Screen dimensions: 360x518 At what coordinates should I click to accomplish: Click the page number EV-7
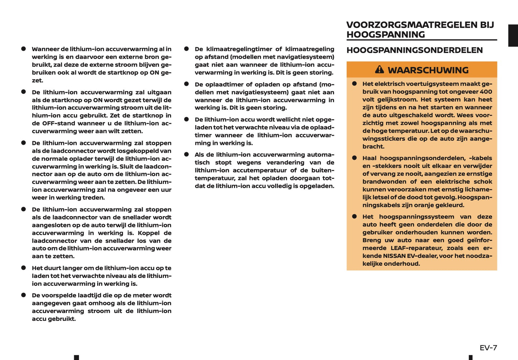point(488,348)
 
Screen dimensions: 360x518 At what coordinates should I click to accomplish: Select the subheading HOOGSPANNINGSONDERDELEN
point(414,50)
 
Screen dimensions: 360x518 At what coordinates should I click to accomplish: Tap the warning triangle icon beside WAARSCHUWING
point(379,70)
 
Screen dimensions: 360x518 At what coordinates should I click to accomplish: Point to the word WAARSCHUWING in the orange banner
point(428,70)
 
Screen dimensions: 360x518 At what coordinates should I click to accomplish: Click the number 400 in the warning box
point(486,92)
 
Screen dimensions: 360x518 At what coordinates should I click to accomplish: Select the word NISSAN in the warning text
point(394,256)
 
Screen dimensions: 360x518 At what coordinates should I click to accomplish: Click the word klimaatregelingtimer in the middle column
point(239,49)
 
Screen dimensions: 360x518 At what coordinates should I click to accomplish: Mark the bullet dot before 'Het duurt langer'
point(24,268)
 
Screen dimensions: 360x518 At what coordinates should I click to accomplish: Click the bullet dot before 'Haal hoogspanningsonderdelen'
point(355,158)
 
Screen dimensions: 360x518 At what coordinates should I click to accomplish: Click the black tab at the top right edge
point(513,35)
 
